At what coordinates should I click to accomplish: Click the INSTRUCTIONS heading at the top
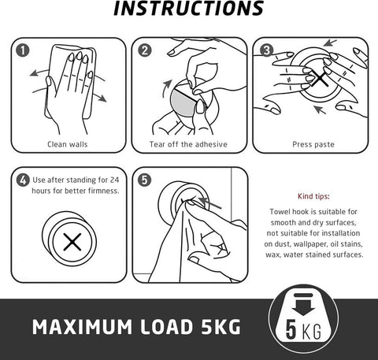tap(188, 9)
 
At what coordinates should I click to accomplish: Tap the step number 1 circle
tap(23, 50)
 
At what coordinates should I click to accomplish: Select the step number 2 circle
tap(145, 50)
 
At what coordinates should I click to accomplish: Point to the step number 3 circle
tap(266, 50)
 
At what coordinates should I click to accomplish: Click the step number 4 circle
tap(23, 180)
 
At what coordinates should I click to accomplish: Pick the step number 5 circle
tap(145, 180)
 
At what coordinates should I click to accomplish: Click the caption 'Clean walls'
tap(68, 144)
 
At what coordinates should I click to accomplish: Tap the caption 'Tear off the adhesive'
tap(188, 144)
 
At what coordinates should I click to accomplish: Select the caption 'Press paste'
tap(313, 144)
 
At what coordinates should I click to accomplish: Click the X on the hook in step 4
tap(72, 242)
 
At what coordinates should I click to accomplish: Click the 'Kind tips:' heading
tap(313, 196)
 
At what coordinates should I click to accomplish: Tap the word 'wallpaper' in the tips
tap(310, 244)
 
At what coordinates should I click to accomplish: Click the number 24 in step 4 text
tap(114, 180)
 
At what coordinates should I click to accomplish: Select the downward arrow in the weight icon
tap(303, 307)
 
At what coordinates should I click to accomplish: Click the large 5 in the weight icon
tap(291, 329)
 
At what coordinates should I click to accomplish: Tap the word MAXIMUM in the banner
tap(82, 327)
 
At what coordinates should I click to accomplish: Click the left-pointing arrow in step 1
tap(39, 72)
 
